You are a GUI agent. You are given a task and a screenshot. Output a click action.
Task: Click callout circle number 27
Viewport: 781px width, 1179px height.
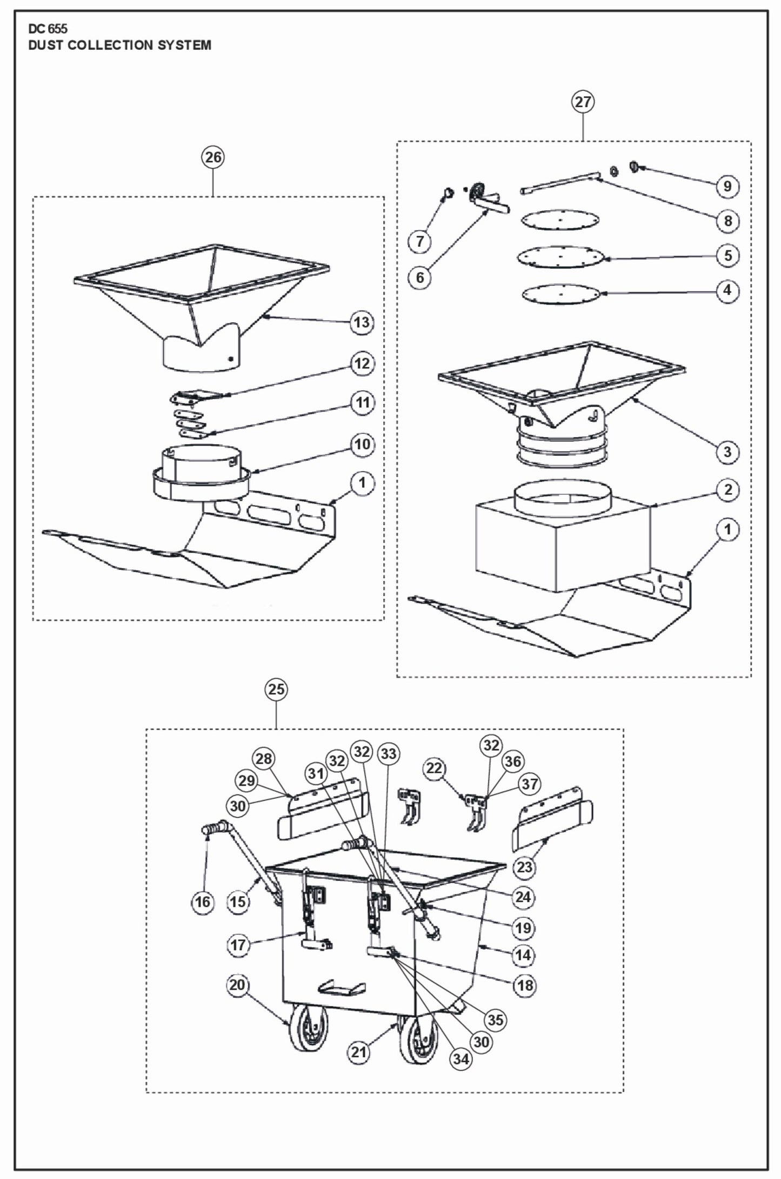point(583,102)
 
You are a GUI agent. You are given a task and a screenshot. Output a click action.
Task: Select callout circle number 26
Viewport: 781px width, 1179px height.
point(213,157)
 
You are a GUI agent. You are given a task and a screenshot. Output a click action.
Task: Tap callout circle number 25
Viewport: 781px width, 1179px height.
point(276,689)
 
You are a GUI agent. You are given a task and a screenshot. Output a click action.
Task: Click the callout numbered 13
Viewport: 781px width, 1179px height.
point(362,322)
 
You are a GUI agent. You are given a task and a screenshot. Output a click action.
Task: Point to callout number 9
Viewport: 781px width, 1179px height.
point(727,186)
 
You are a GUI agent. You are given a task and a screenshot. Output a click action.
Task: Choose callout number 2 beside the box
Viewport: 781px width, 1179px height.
point(727,489)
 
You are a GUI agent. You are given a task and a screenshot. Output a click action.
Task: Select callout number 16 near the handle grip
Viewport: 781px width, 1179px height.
point(203,902)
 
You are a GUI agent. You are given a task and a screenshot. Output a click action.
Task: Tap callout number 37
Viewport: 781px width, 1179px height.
point(530,784)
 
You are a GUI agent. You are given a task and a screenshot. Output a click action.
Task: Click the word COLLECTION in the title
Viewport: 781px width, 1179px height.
point(112,45)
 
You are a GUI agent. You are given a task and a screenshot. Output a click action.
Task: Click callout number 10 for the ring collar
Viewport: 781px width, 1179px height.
point(362,444)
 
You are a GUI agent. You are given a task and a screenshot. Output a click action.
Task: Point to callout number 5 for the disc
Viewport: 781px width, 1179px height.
point(727,255)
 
